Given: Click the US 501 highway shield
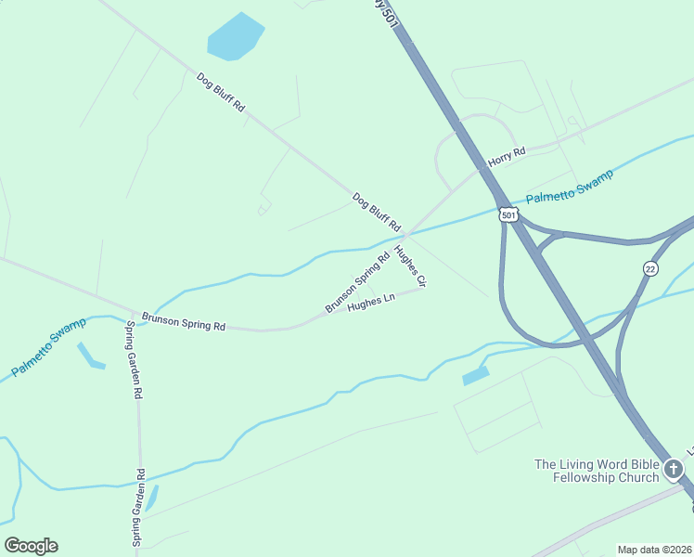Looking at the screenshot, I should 508,214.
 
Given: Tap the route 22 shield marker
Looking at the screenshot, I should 649,268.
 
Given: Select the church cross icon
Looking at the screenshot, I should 674,470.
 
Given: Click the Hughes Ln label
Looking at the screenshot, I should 371,303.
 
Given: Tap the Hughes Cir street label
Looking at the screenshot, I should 409,266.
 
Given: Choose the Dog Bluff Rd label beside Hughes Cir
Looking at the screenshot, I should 376,213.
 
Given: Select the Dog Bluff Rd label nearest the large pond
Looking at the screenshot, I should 221,93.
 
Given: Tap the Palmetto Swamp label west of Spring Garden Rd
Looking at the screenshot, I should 49,346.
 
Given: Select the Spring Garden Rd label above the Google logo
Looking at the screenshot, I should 138,507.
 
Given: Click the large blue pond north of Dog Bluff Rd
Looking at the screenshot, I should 235,37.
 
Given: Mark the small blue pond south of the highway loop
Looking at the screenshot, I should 475,376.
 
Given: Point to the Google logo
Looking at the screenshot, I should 31,546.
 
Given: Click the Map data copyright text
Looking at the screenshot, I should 655,550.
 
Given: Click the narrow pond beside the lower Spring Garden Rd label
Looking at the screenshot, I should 152,498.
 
